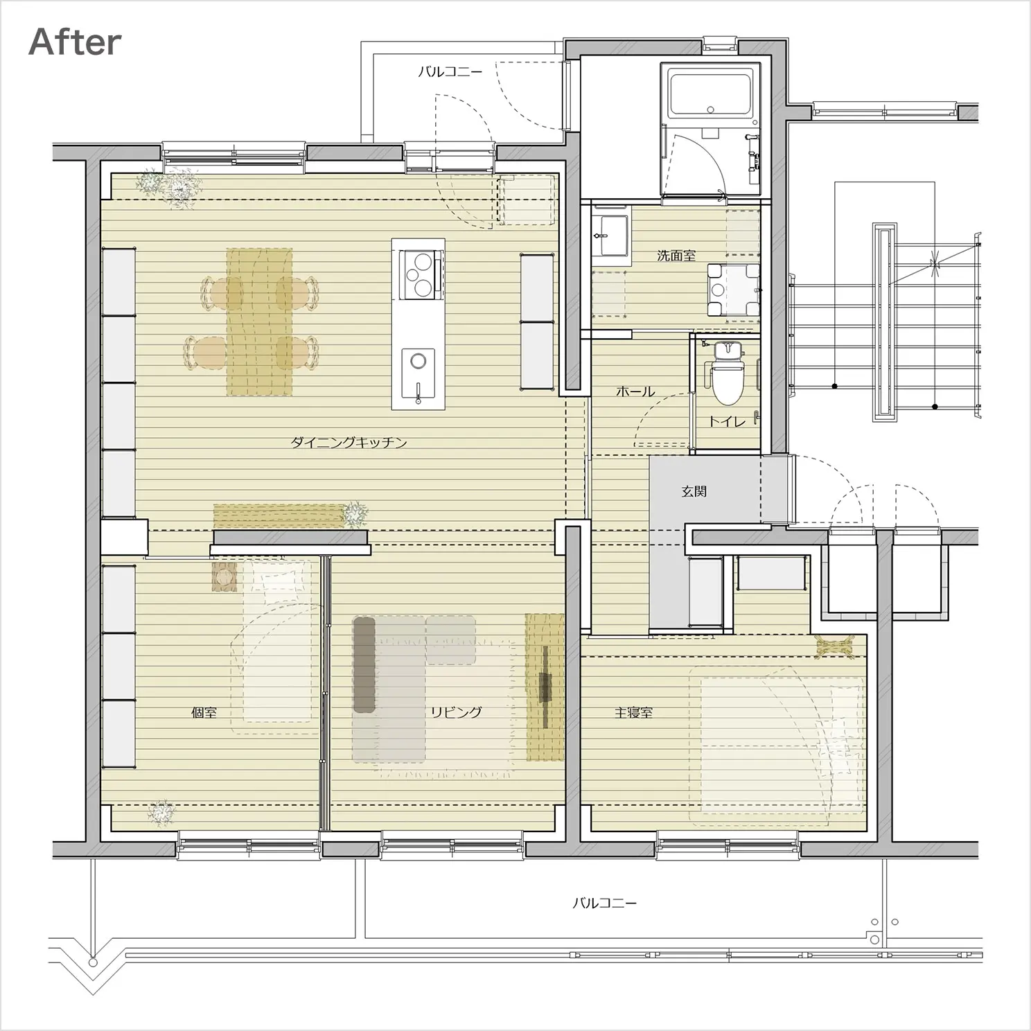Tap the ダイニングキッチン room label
pos(349,443)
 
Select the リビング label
pos(456,712)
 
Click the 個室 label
pos(204,712)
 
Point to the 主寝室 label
pos(633,712)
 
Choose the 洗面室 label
pos(676,256)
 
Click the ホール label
pos(635,391)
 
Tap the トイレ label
pos(727,421)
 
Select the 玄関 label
pos(694,492)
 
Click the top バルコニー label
pos(450,71)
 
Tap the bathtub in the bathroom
pos(710,95)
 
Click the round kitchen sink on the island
pos(418,361)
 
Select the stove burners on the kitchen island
pos(418,274)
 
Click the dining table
pos(259,322)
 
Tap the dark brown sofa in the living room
pos(364,664)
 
